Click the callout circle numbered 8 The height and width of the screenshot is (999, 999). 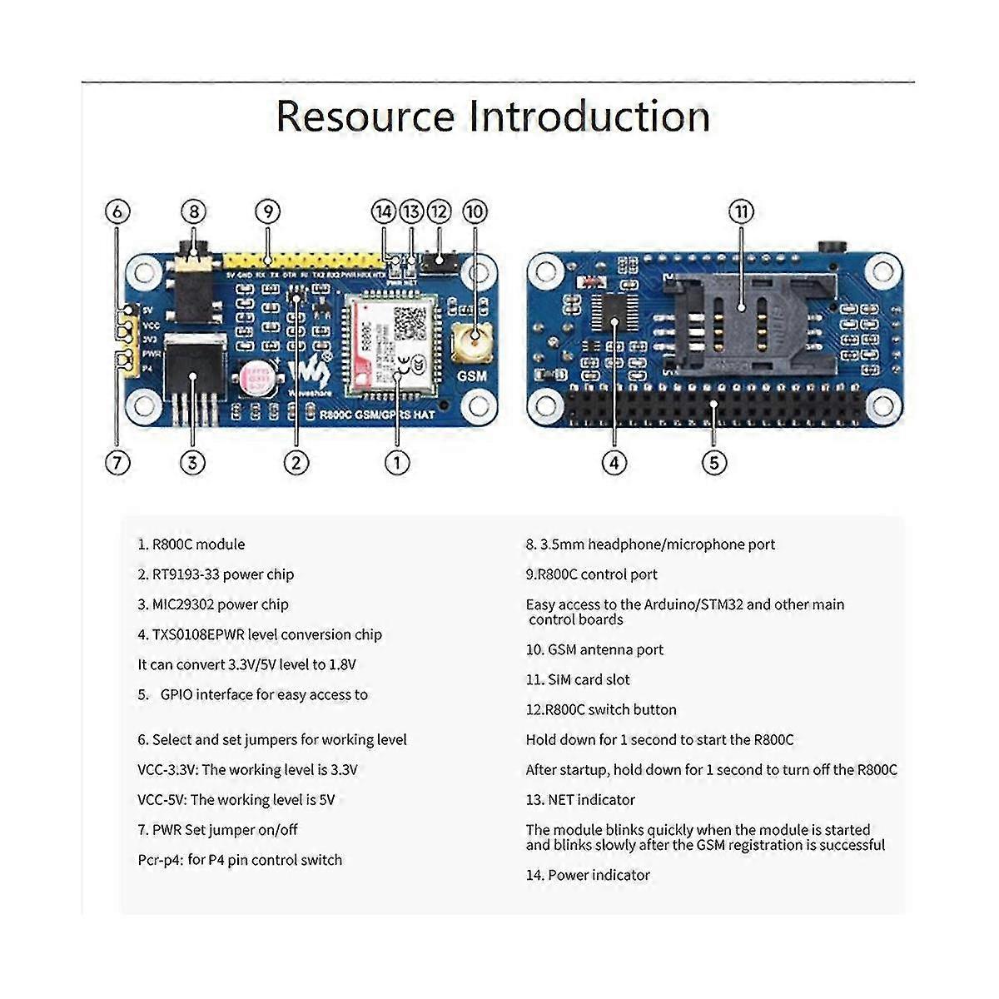click(x=192, y=211)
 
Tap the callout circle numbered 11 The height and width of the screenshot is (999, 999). click(x=741, y=211)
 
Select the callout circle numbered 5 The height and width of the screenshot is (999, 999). click(x=714, y=463)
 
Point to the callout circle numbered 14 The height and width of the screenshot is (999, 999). click(x=383, y=211)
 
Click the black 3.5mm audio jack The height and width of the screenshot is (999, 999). click(x=193, y=283)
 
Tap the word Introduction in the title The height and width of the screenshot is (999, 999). click(x=589, y=117)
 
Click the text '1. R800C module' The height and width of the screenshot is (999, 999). click(x=191, y=544)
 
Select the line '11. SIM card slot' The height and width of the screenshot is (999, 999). click(x=578, y=679)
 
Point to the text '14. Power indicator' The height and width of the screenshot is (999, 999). click(x=588, y=875)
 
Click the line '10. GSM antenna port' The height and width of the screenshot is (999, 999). click(x=594, y=649)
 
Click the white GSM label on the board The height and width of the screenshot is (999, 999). click(x=472, y=375)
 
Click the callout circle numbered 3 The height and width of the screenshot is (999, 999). click(x=192, y=463)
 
